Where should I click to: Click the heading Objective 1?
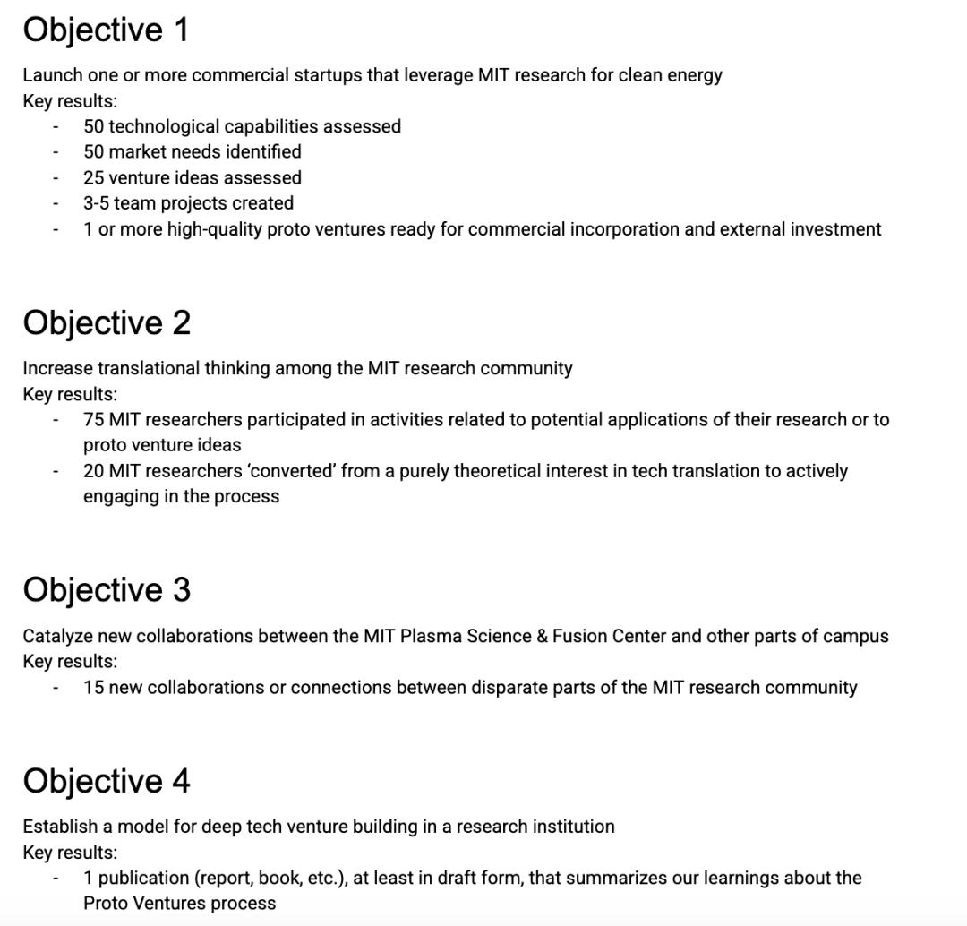click(x=106, y=30)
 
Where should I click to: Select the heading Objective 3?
click(x=106, y=590)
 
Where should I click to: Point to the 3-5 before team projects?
click(x=96, y=203)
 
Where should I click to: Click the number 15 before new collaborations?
click(x=93, y=687)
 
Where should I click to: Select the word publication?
click(x=145, y=878)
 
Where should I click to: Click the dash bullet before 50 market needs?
click(x=56, y=152)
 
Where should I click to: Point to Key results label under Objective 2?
click(x=70, y=394)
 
